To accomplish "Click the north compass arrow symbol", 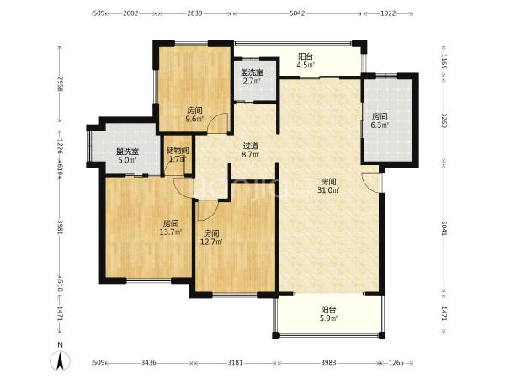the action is [59, 360].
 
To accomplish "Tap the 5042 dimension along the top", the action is [297, 13].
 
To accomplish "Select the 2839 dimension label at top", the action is [194, 13].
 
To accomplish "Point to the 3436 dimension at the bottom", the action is [148, 363].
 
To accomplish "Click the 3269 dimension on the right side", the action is [444, 120].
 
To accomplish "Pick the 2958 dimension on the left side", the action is [60, 83].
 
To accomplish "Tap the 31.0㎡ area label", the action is [328, 190].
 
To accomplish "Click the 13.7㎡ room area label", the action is [171, 232].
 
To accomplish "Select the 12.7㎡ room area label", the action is [211, 242].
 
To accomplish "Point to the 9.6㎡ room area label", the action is [195, 119].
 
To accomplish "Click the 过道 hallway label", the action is [251, 146].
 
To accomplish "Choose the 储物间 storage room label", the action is [178, 151].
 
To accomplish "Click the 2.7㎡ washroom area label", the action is [252, 81].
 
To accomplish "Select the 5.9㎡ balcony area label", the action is [328, 318].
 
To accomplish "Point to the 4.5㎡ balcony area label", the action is [306, 65].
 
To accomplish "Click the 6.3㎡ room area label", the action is [380, 125].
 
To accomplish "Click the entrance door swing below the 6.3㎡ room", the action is [371, 183].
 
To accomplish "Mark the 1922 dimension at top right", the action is [388, 13].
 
